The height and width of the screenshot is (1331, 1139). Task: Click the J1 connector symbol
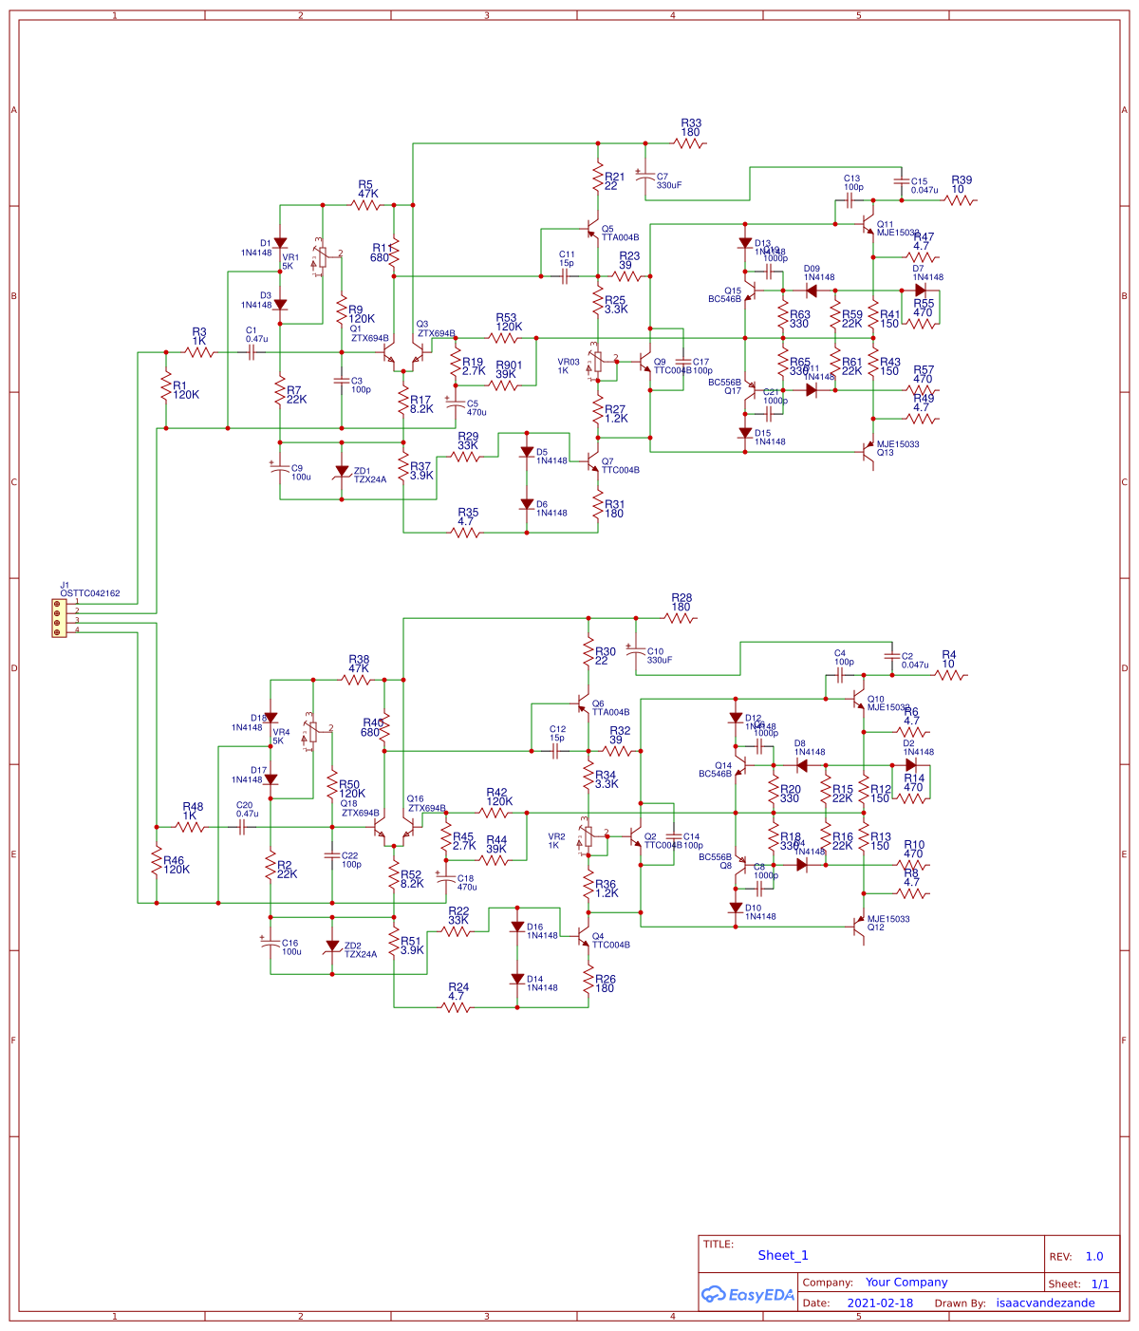click(x=59, y=617)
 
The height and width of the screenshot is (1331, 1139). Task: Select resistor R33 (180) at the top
click(x=690, y=143)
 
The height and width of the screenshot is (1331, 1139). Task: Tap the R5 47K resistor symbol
click(x=366, y=204)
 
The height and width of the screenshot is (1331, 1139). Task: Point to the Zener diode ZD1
click(x=342, y=472)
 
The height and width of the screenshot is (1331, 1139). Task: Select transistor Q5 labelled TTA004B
click(x=592, y=230)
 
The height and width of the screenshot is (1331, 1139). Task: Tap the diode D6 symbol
click(x=527, y=505)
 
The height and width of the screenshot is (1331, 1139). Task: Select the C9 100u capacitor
click(x=280, y=468)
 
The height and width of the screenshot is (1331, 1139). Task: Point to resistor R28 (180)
click(x=681, y=618)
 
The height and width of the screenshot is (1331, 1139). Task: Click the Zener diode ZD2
click(x=332, y=947)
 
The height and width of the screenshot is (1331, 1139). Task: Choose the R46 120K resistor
click(x=157, y=862)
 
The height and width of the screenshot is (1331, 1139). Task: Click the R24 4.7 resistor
click(x=457, y=1007)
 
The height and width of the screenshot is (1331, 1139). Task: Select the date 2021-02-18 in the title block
click(x=880, y=1303)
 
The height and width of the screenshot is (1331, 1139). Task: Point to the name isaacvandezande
click(x=1045, y=1303)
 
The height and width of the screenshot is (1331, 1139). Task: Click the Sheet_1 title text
click(x=783, y=1255)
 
